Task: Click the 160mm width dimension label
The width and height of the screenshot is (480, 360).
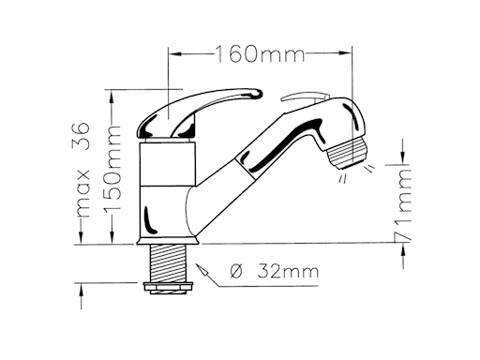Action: [x=260, y=53]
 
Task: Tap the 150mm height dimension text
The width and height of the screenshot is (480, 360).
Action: [x=112, y=169]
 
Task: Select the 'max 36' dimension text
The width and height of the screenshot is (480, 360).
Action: [x=82, y=169]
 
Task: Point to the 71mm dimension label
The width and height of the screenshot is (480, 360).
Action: [x=404, y=203]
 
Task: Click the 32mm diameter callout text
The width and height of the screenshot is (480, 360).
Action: [x=288, y=271]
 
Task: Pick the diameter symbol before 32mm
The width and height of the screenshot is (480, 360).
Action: [x=236, y=271]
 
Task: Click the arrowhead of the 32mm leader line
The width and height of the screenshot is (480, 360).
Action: [x=202, y=270]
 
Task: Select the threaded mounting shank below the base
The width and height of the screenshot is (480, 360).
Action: [x=169, y=263]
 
